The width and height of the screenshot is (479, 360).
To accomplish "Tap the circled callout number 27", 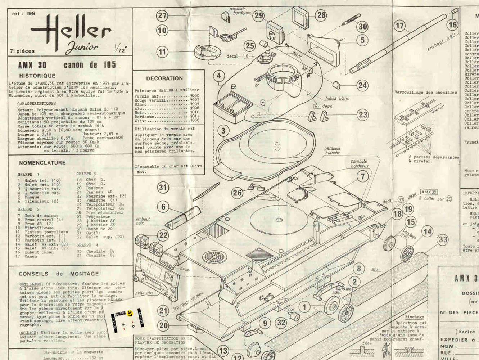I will point(163,15).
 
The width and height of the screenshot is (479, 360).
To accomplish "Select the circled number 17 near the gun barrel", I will point(400,26).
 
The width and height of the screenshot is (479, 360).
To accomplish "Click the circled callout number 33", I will point(443,240).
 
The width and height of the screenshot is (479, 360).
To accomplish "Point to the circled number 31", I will point(163,187).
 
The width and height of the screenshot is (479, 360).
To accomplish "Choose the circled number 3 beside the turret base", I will point(223,131).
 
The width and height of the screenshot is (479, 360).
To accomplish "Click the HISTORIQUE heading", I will point(37,76).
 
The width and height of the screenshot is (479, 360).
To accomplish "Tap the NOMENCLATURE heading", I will point(42,163).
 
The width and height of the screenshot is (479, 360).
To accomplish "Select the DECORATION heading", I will point(164,78).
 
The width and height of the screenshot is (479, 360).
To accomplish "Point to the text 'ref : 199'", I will point(24,14).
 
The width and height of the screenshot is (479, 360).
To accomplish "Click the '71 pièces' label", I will point(23,51).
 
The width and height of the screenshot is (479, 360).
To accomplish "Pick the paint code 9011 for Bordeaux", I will point(195,116).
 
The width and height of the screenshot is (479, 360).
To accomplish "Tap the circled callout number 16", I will point(452,24).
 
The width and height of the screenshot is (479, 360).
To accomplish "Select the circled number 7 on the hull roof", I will point(362,176).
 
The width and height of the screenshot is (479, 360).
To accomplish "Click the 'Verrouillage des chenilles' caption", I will point(426,93).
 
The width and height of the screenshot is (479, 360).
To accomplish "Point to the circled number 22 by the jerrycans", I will point(163,235).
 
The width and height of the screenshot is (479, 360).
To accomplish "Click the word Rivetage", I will point(414,317).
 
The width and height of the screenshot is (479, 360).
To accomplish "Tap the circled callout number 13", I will point(223,351).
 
